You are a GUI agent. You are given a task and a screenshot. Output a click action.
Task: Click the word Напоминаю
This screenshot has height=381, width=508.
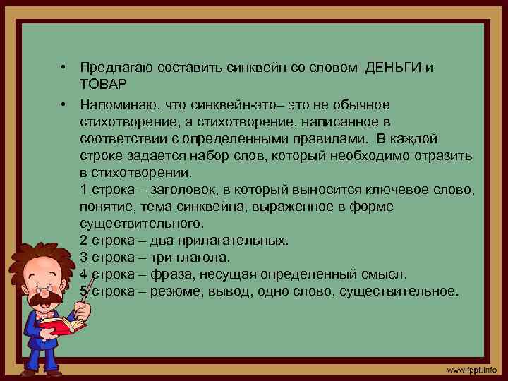(x=117, y=105)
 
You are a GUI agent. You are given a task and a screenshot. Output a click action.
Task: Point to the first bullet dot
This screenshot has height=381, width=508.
(x=64, y=68)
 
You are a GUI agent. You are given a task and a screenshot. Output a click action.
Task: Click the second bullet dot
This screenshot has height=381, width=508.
(x=64, y=105)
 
